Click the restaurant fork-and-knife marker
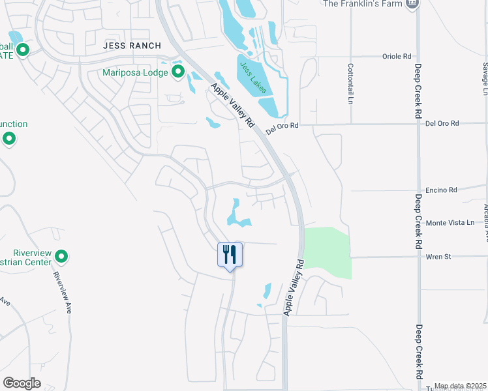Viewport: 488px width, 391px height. tap(230, 253)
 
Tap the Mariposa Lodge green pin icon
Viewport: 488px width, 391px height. tap(178, 72)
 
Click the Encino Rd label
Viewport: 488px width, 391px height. tap(440, 190)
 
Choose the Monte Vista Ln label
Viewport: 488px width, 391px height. tap(450, 223)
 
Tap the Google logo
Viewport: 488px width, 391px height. tap(22, 383)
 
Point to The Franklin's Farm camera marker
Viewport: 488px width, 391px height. tap(411, 4)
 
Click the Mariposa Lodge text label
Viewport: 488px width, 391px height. tap(136, 72)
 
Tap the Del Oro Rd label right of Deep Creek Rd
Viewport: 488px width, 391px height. tap(442, 123)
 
